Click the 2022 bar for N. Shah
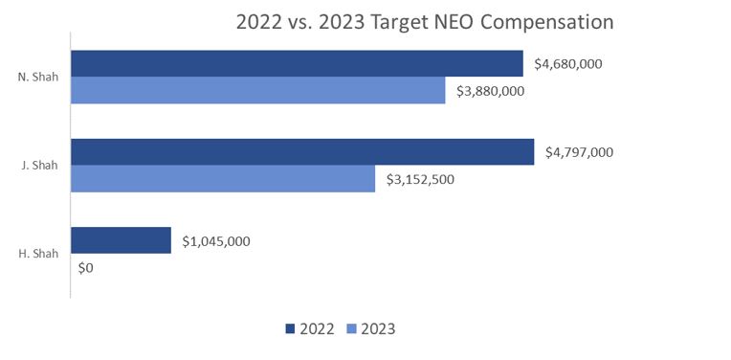297,63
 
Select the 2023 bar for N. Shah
258,90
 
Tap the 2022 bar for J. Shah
302,151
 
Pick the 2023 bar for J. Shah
223,178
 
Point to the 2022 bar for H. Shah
121,240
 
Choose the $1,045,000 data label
216,241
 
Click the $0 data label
85,268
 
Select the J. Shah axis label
39,166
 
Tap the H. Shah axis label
38,254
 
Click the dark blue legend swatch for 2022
290,329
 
